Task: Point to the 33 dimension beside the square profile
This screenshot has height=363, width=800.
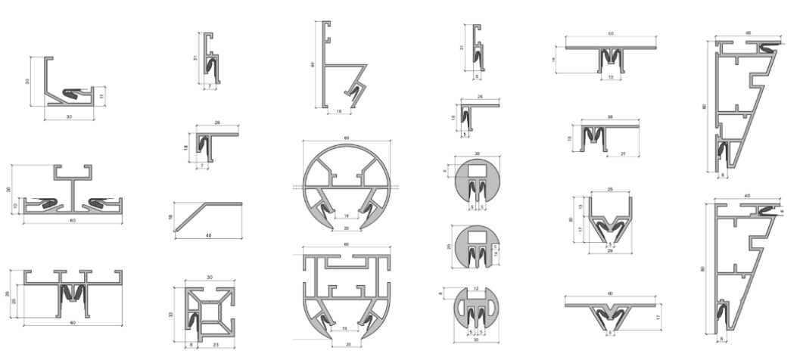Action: click(172, 314)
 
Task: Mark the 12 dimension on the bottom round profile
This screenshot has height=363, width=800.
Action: click(477, 288)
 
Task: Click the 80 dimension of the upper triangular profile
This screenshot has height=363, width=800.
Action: click(705, 107)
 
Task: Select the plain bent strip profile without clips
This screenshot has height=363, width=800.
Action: click(208, 213)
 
